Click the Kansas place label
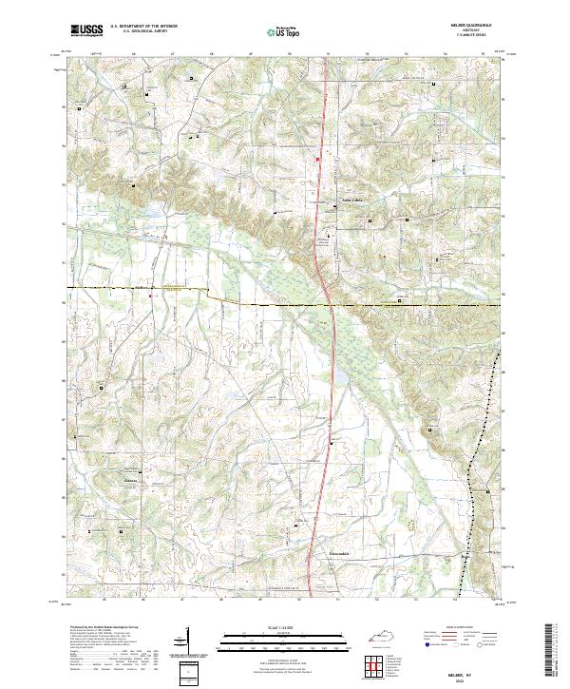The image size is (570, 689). [132, 481]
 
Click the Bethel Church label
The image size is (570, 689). [352, 201]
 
